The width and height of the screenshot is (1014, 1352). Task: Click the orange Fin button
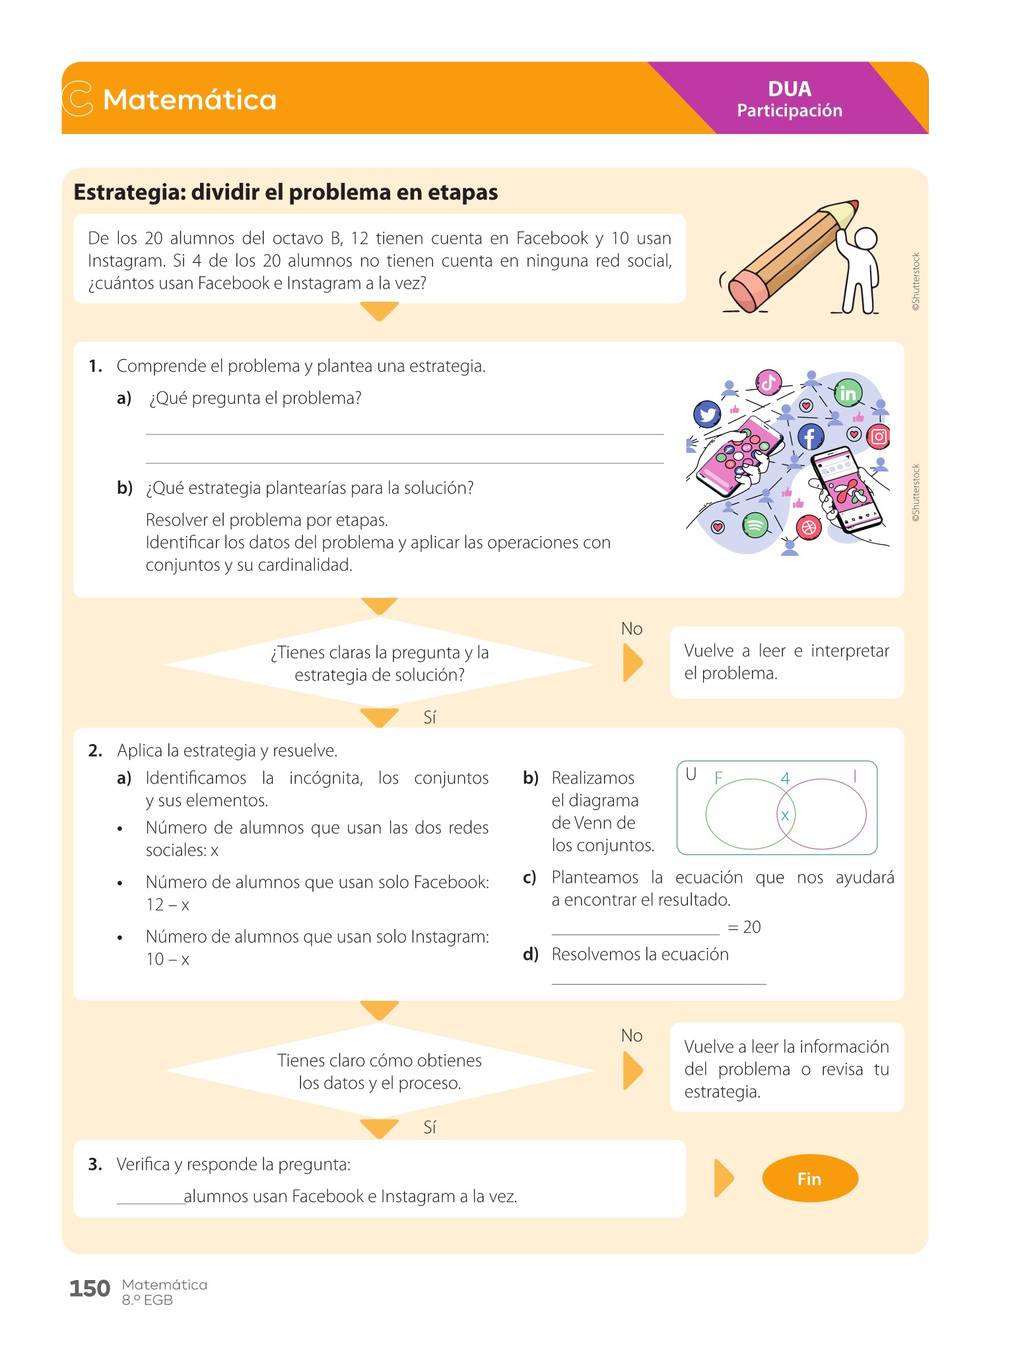809,1178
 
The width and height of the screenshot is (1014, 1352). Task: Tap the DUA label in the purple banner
789,89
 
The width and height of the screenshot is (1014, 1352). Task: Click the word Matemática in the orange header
189,100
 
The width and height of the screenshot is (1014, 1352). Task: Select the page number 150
89,1288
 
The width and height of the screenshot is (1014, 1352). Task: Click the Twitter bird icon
707,415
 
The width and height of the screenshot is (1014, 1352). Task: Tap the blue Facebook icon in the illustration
811,436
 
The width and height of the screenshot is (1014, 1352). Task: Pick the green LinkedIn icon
847,393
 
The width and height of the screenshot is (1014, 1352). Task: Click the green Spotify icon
755,525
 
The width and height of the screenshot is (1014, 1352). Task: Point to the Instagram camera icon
879,436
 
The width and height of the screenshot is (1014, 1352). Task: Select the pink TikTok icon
768,382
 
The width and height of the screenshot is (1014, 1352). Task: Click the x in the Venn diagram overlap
785,815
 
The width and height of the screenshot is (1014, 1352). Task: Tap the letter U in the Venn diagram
691,774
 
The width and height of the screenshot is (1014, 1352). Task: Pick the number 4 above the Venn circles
785,778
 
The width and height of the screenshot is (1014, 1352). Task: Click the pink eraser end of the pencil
747,290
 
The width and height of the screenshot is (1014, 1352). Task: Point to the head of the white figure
865,238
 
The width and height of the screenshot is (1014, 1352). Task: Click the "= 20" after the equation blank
744,927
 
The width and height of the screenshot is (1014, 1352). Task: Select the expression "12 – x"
168,904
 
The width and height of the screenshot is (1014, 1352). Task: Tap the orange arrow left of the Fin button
724,1178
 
